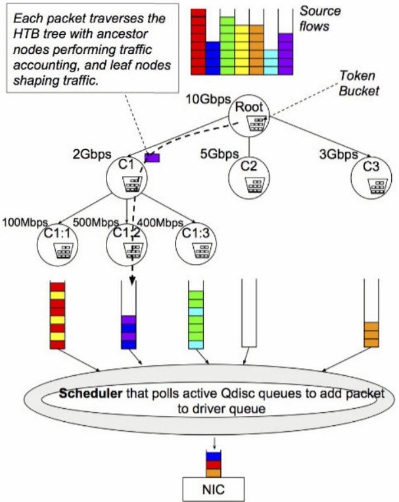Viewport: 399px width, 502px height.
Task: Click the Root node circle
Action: tap(250, 116)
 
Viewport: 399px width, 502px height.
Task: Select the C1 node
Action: tap(128, 178)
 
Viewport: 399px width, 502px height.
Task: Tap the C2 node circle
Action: tap(248, 173)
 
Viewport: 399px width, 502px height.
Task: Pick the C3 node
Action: tap(372, 173)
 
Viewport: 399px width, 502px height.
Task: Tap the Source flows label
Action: tap(320, 18)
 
